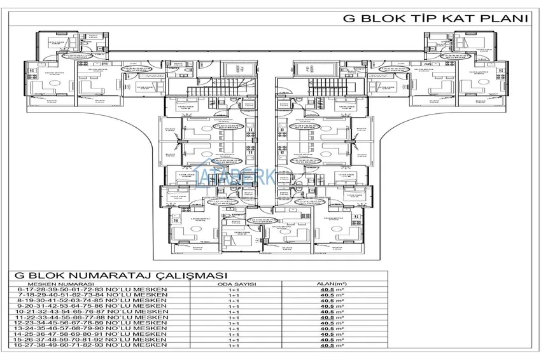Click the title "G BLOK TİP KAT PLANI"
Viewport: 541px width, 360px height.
coord(436,18)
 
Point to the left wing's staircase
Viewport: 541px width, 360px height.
coord(228,88)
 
